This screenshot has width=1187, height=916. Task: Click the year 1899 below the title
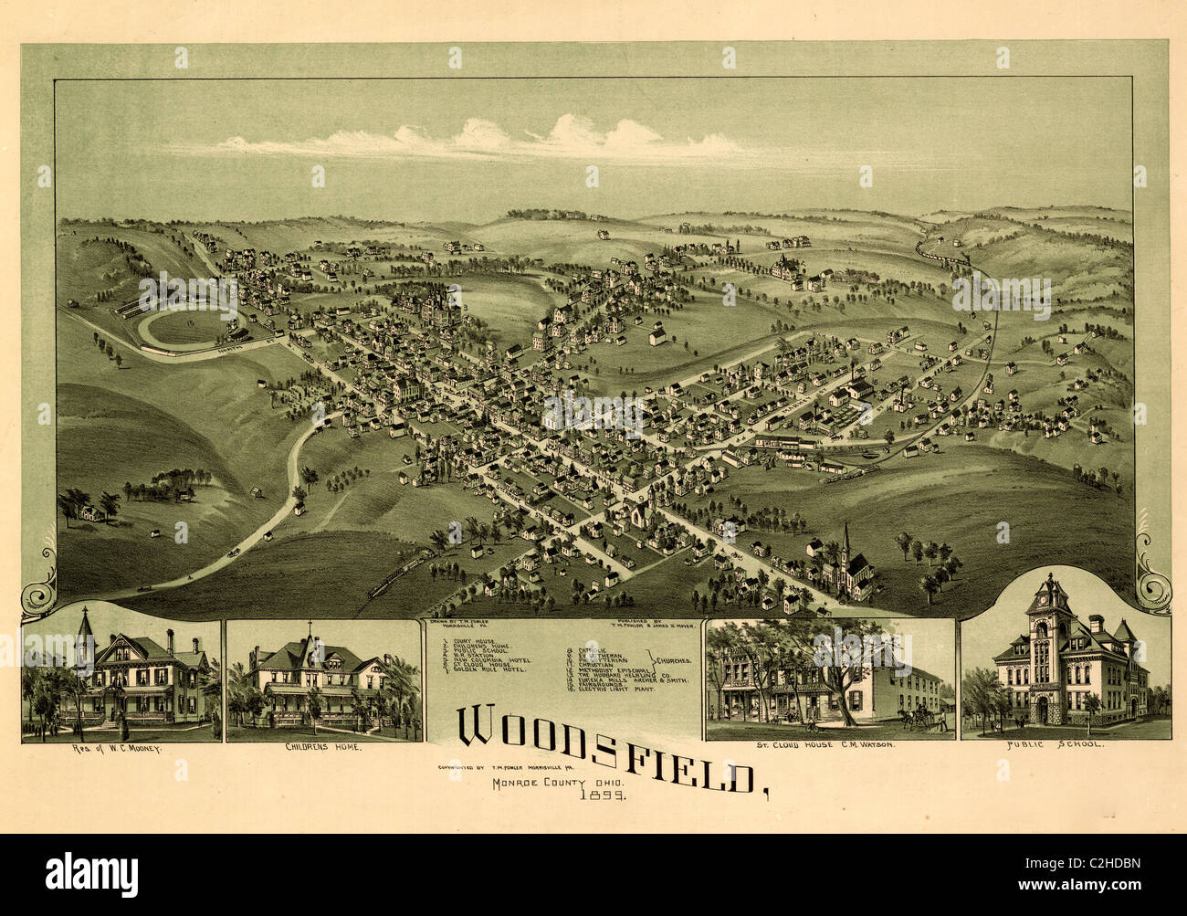click(599, 795)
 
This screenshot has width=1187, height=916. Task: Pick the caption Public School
click(1066, 744)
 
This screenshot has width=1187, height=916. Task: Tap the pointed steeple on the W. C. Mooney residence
click(85, 625)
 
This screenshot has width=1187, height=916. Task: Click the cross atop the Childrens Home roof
click(309, 627)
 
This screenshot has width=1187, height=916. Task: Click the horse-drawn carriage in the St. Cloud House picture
click(919, 717)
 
